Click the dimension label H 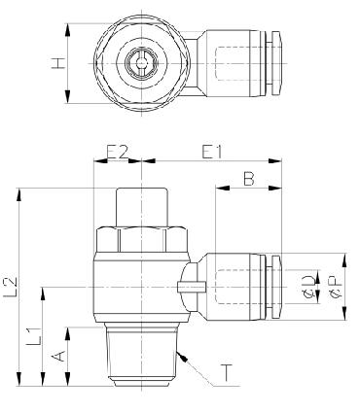point(57,63)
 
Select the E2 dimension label point(118,152)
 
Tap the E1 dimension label point(212,152)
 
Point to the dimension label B point(249,179)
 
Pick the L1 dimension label point(35,336)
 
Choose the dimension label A point(58,357)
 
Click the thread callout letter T point(227,373)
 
